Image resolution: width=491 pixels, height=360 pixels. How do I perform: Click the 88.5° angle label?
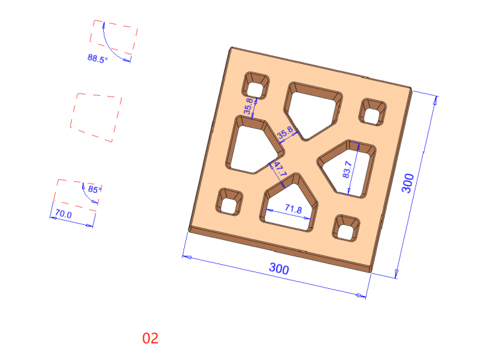point(98,58)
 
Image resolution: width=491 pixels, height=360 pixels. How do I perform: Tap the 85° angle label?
point(95,189)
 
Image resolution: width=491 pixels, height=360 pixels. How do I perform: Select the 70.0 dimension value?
point(63,214)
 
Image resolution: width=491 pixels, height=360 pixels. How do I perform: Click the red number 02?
point(150,338)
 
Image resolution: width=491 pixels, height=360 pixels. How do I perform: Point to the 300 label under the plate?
point(279,268)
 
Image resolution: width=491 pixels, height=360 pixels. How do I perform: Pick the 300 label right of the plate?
point(408,183)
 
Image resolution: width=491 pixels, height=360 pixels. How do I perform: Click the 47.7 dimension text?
point(280,169)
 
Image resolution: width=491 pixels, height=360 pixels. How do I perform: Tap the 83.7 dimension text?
point(347,170)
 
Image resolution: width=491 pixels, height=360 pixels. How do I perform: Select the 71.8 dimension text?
point(293,209)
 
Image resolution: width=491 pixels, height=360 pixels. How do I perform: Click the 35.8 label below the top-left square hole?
point(249,106)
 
